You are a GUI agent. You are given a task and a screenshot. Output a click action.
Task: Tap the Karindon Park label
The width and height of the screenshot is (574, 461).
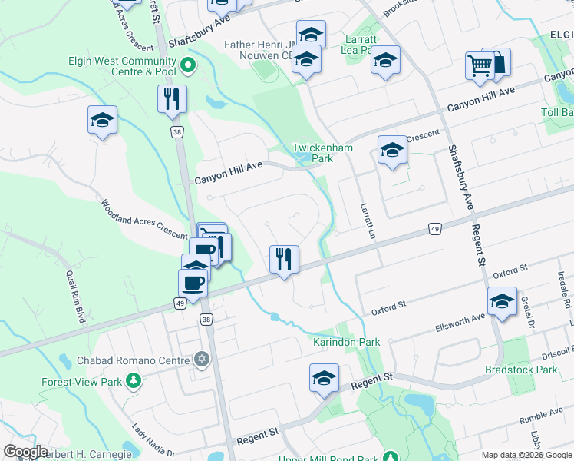click(346, 342)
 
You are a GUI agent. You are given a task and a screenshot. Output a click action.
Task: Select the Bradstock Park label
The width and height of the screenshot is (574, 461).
click(521, 370)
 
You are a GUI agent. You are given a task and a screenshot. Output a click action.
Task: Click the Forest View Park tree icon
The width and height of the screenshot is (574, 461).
click(134, 380)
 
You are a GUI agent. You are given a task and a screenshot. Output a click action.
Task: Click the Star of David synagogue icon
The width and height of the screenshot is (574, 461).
click(202, 359)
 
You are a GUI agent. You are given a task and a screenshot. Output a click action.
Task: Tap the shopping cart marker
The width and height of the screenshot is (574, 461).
click(480, 66)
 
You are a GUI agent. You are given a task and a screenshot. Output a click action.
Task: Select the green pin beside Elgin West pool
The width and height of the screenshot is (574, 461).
click(188, 67)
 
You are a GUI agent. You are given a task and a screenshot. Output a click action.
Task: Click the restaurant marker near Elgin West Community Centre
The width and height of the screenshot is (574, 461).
click(171, 99)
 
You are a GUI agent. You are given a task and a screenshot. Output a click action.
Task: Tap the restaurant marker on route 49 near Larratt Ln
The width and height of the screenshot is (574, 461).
click(284, 260)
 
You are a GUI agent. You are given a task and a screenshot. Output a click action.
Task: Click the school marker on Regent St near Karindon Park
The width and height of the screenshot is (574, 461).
click(324, 378)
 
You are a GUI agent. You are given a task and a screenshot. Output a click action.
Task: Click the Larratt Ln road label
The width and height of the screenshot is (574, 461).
click(365, 219)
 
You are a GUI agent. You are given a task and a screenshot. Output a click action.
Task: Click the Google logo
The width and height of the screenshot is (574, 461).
click(26, 452)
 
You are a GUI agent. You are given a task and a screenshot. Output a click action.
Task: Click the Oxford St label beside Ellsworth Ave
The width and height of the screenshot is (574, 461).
click(388, 308)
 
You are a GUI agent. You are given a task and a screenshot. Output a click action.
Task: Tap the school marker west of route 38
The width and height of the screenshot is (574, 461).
click(102, 120)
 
